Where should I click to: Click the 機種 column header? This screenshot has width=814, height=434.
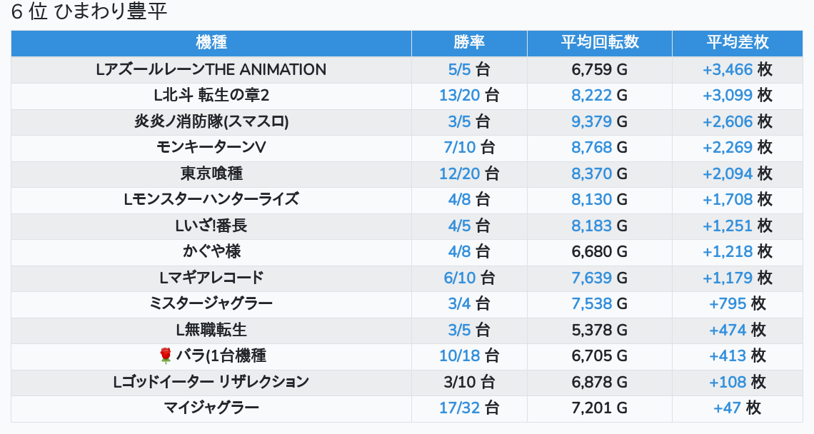211,43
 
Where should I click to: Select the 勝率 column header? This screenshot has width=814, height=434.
469,43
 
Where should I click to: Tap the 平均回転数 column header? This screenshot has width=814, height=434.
599,43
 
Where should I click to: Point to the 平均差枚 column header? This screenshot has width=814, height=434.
737,43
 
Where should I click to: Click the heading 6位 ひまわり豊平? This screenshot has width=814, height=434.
89,12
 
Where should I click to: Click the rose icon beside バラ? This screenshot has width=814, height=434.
166,355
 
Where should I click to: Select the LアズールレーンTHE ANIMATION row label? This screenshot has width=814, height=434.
211,70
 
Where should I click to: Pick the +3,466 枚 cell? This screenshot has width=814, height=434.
737,70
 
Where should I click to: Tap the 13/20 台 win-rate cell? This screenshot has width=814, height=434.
469,96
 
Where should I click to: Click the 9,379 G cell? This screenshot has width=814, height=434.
599,121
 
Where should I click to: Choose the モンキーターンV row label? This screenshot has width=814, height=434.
211,148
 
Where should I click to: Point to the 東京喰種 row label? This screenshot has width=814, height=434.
211,173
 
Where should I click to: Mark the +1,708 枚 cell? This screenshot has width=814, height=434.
737,199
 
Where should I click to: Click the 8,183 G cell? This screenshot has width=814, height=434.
599,226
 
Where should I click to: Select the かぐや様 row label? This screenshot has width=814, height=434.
211,251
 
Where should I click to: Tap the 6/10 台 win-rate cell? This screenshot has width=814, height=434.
469,278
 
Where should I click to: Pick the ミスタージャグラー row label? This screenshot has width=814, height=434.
211,303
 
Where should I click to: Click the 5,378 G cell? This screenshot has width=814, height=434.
599,330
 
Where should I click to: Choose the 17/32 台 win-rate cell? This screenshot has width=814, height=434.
469,408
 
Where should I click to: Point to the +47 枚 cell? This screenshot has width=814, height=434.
737,408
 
